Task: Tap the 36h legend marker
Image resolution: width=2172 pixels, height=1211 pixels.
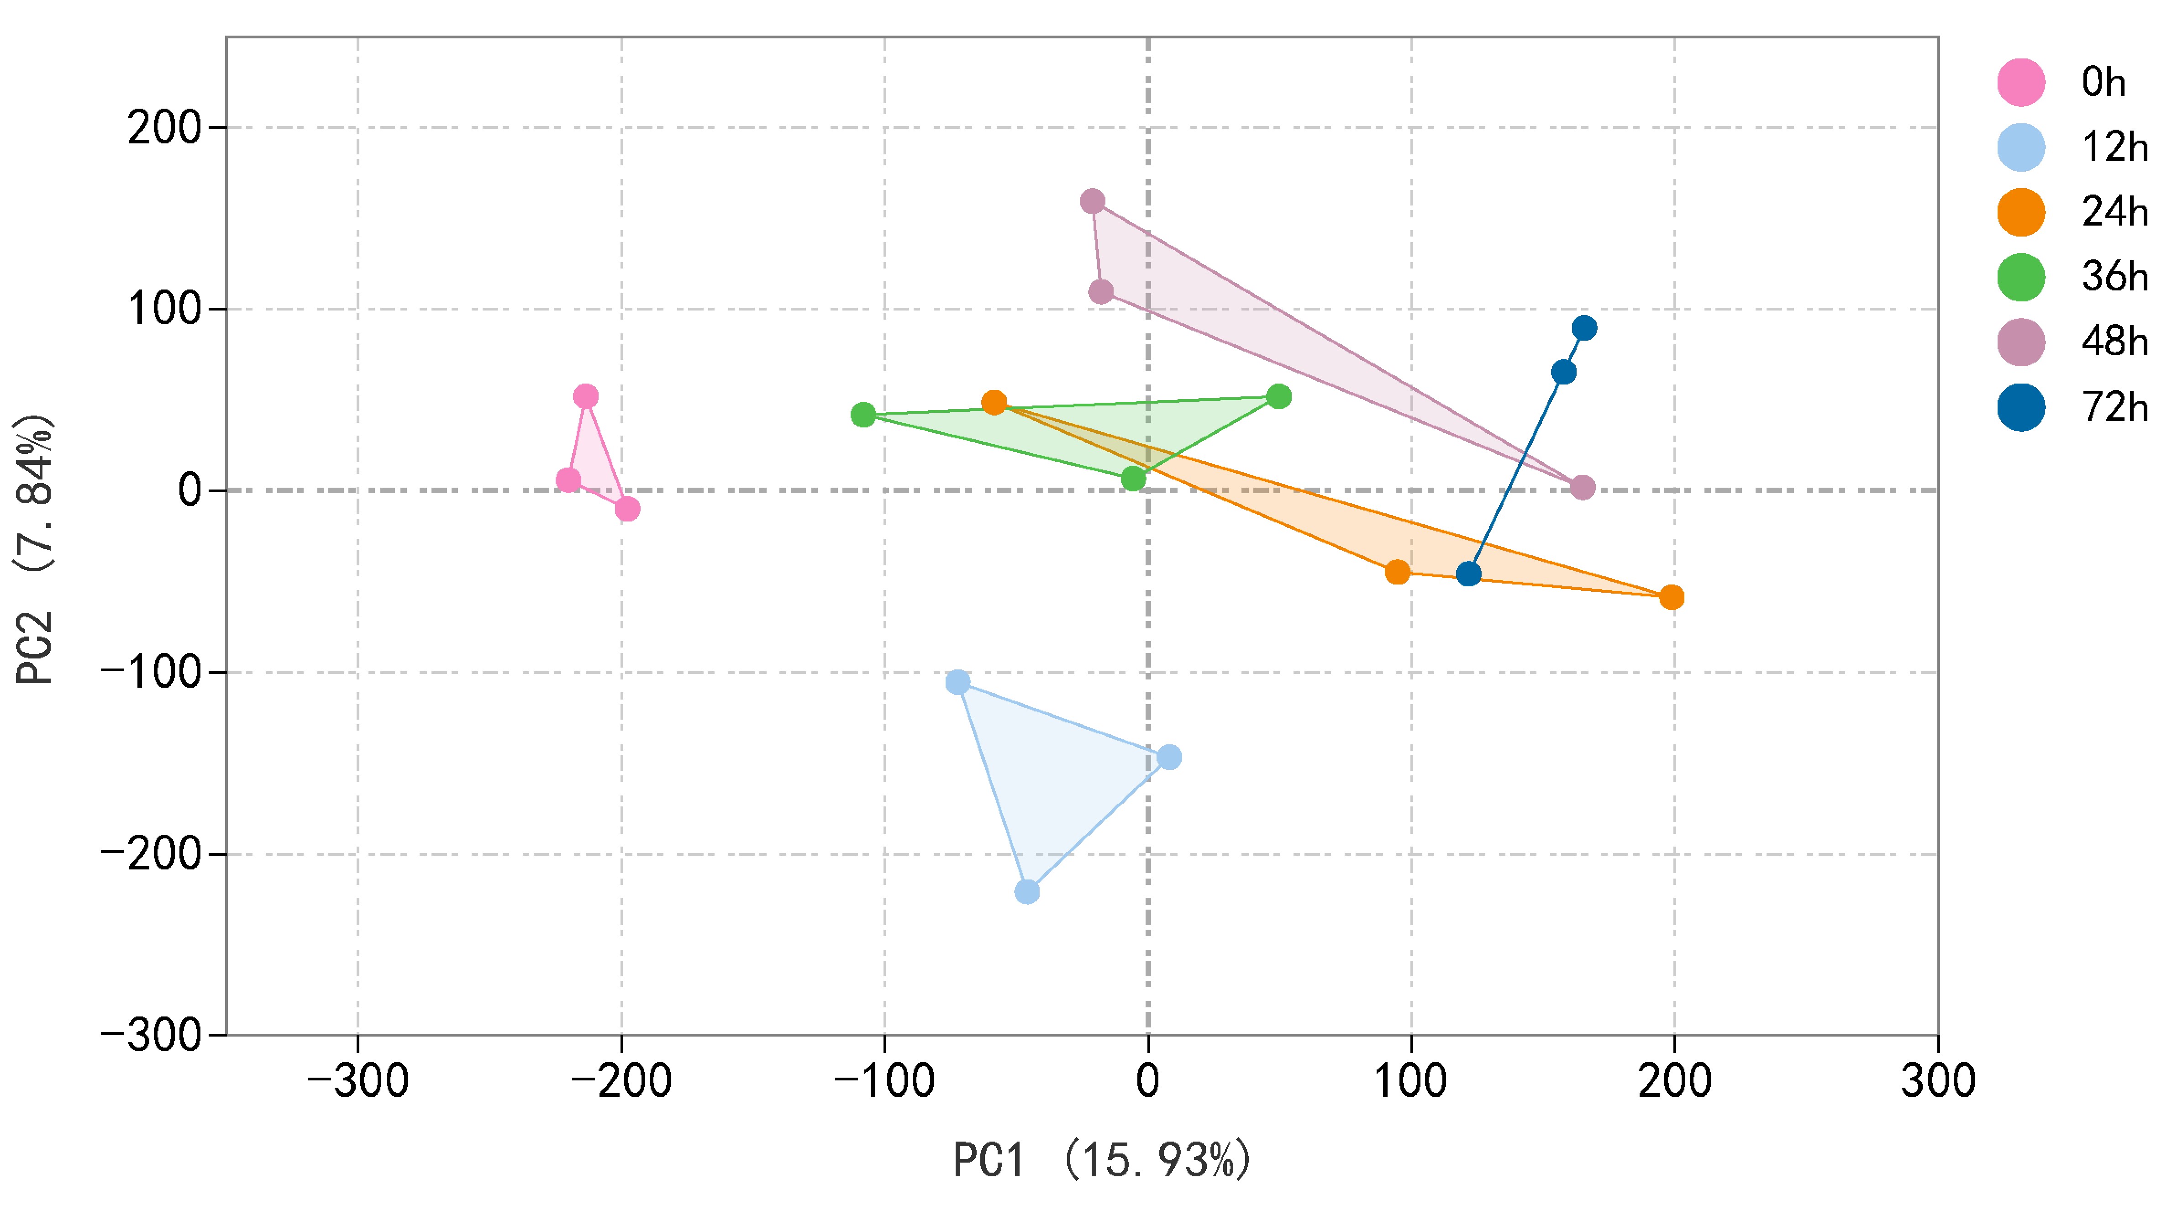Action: (2021, 277)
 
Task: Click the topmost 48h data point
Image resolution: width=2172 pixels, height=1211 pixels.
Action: (1092, 201)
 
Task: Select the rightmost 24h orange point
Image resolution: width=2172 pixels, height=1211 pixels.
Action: (1671, 598)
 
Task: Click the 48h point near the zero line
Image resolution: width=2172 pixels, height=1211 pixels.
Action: (1583, 487)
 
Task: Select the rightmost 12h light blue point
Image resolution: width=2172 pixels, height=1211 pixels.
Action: (1168, 757)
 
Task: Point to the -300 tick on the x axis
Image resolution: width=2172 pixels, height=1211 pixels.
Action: (358, 1082)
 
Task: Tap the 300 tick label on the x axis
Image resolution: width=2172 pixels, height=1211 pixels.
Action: (1938, 1082)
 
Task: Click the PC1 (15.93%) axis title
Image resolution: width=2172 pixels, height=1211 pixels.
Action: (1101, 1160)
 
